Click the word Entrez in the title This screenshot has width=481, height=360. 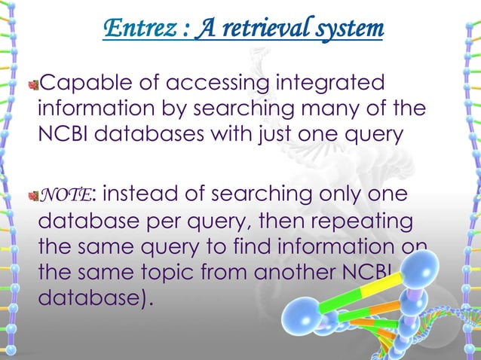click(x=132, y=29)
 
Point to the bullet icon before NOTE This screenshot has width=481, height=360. click(x=32, y=197)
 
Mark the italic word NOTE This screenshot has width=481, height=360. click(x=65, y=196)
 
